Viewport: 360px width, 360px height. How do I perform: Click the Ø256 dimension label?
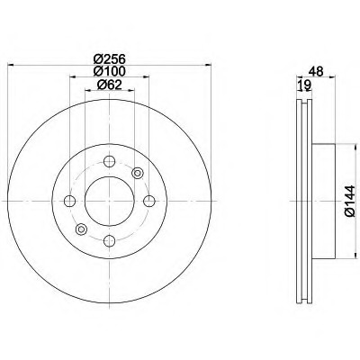(x=109, y=58)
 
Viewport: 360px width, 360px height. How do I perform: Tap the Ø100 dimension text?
(x=109, y=71)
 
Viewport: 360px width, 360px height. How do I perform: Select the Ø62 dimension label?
(x=109, y=85)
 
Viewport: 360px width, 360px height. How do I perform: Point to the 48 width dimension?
(x=317, y=72)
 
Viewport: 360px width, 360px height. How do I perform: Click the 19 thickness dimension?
(x=304, y=85)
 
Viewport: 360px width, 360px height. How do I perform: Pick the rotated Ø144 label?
(x=349, y=201)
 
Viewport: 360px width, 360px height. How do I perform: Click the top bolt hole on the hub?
(x=109, y=161)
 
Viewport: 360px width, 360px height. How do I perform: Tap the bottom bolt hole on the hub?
(x=109, y=240)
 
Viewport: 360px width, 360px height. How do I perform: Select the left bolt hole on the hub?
(x=69, y=201)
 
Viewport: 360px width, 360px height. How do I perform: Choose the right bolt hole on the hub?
(x=149, y=201)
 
